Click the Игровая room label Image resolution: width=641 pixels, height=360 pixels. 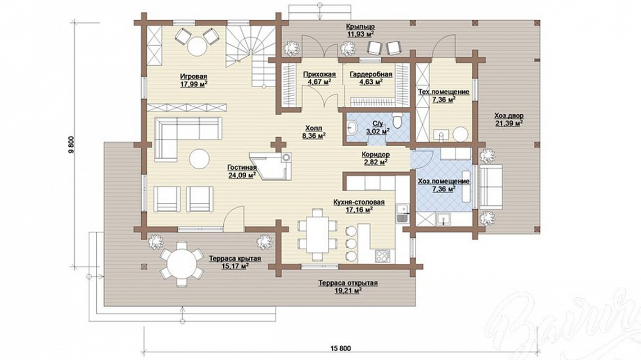193,76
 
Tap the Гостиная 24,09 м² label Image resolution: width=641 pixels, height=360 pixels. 242,172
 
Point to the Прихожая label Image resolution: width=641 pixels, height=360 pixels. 319,74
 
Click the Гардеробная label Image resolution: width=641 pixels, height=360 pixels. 371,74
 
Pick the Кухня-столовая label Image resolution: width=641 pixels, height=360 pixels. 359,202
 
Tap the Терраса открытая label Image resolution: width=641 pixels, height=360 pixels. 348,283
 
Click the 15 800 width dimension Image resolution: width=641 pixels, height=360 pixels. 340,348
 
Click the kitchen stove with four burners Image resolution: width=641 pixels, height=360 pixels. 383,256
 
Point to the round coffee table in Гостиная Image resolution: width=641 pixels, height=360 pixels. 200,158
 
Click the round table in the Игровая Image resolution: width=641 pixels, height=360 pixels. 197,46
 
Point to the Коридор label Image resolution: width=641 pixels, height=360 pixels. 375,155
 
